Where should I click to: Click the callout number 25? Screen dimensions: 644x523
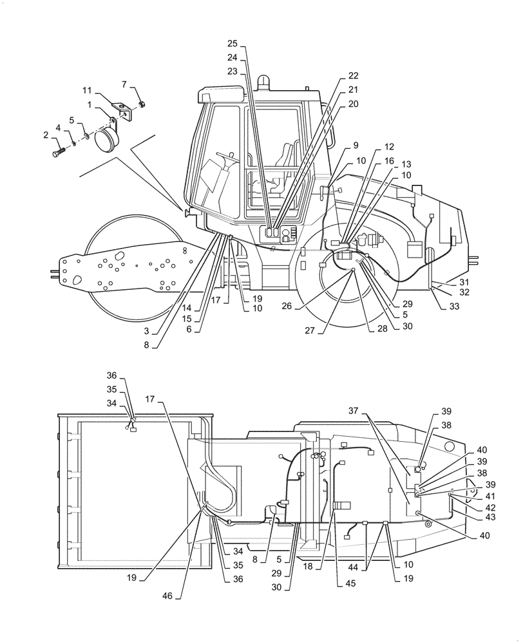[232, 44]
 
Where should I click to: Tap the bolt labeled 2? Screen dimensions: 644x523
[57, 153]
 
